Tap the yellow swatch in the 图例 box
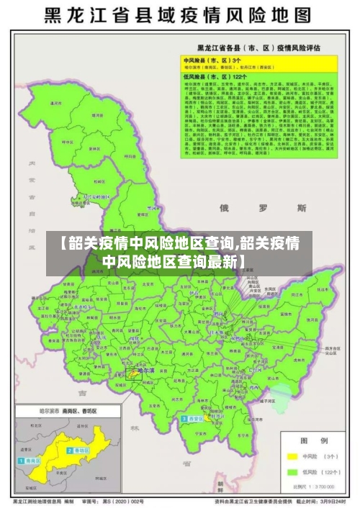[292, 456]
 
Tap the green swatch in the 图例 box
[292, 472]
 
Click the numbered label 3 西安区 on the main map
[193, 418]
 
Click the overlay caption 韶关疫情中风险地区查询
[180, 252]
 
